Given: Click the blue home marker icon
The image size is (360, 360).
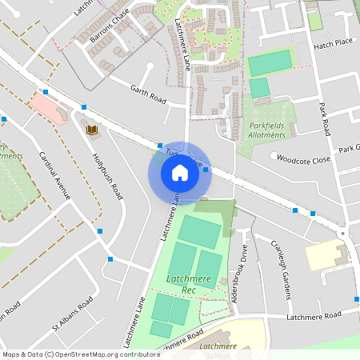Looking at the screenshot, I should coord(179,172).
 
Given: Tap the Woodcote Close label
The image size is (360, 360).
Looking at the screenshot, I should coord(303,159).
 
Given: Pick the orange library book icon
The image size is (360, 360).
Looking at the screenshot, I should coord(90,128).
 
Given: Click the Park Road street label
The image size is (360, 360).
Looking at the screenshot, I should coord(325,115).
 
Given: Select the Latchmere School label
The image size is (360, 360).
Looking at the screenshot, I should coord(220,350).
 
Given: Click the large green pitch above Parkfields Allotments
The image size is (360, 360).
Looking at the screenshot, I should coord(270,63).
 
